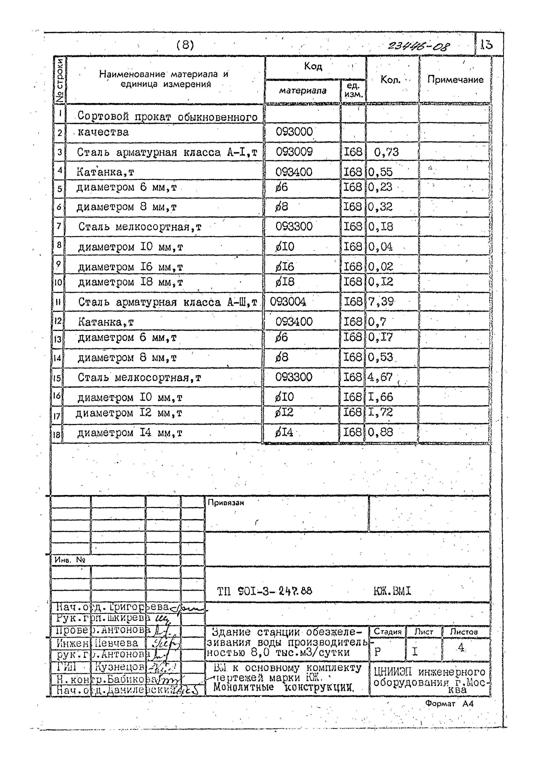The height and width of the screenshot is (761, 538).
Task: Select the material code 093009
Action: pyautogui.click(x=294, y=152)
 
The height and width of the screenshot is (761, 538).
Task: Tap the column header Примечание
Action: pyautogui.click(x=455, y=80)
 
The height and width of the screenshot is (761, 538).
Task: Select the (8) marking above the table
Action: pyautogui.click(x=185, y=45)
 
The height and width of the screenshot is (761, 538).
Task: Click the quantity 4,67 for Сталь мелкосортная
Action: pyautogui.click(x=380, y=377)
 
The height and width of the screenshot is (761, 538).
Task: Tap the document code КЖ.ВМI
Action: pyautogui.click(x=392, y=591)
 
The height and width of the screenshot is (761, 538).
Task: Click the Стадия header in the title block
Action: pyautogui.click(x=387, y=632)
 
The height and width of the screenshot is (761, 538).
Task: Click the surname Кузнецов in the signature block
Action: pyautogui.click(x=119, y=666)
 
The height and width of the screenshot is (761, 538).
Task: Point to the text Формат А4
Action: pyautogui.click(x=449, y=704)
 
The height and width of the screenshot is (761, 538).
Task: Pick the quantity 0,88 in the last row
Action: pyautogui.click(x=380, y=432)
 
